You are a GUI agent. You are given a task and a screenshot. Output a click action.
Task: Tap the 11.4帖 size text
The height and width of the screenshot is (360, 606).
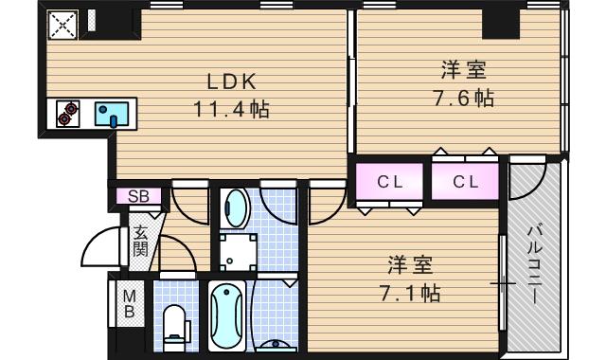tap(231, 109)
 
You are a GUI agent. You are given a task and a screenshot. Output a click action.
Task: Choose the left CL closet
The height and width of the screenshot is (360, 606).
tap(388, 182)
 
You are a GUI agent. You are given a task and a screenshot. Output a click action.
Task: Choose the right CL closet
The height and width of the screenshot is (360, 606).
tap(464, 182)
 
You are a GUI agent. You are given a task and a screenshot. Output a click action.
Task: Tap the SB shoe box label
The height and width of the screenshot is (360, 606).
tap(137, 197)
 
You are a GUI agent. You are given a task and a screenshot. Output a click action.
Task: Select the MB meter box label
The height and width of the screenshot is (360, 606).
tap(129, 304)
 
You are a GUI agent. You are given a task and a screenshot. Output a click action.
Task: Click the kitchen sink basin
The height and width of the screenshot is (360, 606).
tap(114, 115)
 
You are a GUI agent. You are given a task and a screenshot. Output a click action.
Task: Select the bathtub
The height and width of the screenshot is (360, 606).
tap(228, 317)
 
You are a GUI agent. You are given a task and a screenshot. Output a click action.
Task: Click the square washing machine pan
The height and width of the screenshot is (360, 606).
tap(236, 251)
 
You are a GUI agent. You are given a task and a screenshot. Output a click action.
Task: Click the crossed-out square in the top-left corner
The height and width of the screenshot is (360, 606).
tap(62, 27)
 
